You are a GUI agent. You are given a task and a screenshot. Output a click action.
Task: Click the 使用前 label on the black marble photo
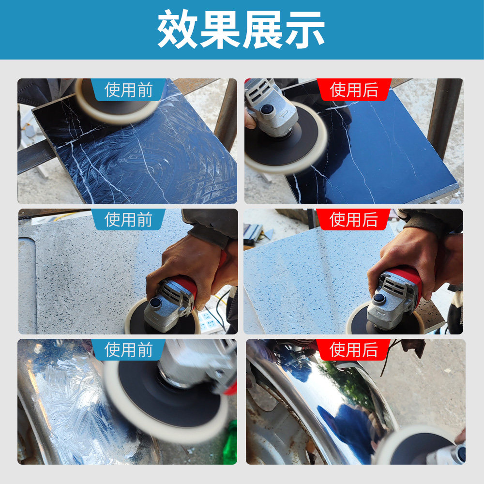(x=128, y=90)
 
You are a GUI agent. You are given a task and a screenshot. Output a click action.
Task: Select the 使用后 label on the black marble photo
(x=354, y=90)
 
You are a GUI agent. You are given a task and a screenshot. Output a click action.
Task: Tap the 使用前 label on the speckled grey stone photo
(x=128, y=219)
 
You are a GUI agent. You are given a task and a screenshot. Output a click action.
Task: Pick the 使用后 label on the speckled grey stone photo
(x=354, y=219)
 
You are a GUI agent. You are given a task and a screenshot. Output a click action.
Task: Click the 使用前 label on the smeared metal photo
(x=128, y=349)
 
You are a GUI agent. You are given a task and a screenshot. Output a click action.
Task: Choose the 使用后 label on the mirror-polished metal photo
(x=354, y=349)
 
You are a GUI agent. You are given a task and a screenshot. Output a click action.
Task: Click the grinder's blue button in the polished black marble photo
(x=267, y=110)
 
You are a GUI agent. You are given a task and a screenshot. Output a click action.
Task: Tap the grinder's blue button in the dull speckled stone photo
(x=156, y=303)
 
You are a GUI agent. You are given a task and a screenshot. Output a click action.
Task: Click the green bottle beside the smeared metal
(x=230, y=443)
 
